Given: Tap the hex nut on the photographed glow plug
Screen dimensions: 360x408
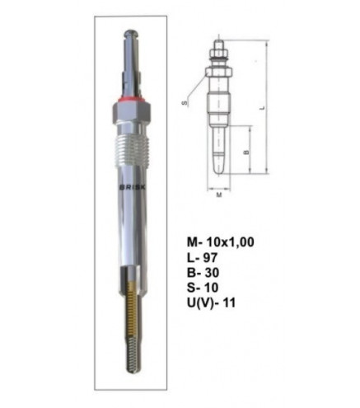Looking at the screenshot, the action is coord(131,113).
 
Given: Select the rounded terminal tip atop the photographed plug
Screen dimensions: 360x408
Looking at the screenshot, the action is coord(131,34).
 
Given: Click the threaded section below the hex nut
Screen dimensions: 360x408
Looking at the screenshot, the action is coord(131,149).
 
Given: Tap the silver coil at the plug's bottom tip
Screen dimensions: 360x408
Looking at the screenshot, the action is coord(132,356).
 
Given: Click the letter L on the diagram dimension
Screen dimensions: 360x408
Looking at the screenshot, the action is coord(263,107).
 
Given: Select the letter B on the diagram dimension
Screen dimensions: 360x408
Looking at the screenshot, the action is coord(246,152).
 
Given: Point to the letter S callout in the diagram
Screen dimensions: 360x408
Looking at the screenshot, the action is coord(185,103).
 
